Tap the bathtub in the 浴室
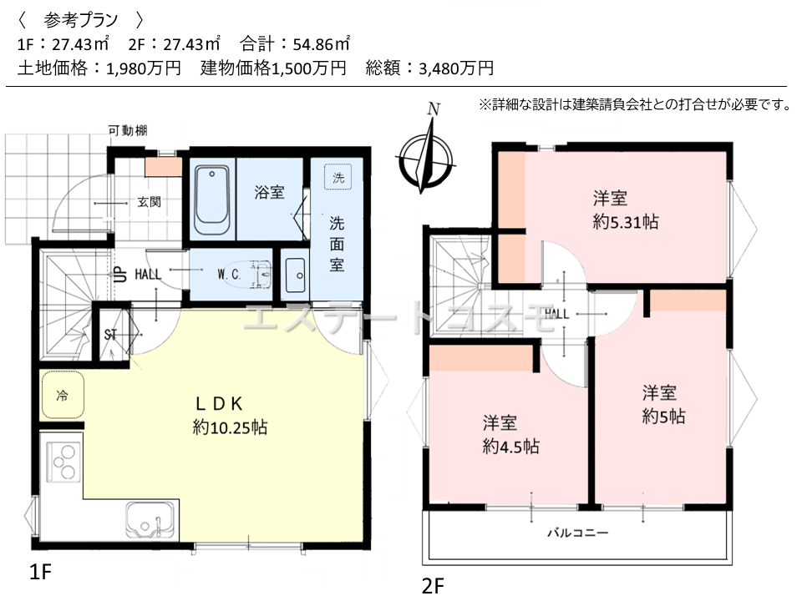(x=211, y=199)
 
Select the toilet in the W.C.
(x=252, y=275)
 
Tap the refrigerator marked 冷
(x=63, y=395)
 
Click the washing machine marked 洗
(x=338, y=177)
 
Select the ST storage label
(x=110, y=335)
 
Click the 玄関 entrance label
(x=149, y=202)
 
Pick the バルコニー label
(x=578, y=533)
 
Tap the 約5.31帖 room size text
(x=626, y=222)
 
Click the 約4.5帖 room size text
(x=510, y=447)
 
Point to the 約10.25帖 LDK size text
(x=231, y=427)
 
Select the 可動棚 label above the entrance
(x=127, y=131)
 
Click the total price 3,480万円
(x=456, y=68)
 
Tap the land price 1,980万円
(x=144, y=68)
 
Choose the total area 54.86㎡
(x=322, y=44)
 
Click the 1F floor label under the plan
(x=40, y=572)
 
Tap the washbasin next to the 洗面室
(x=295, y=275)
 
